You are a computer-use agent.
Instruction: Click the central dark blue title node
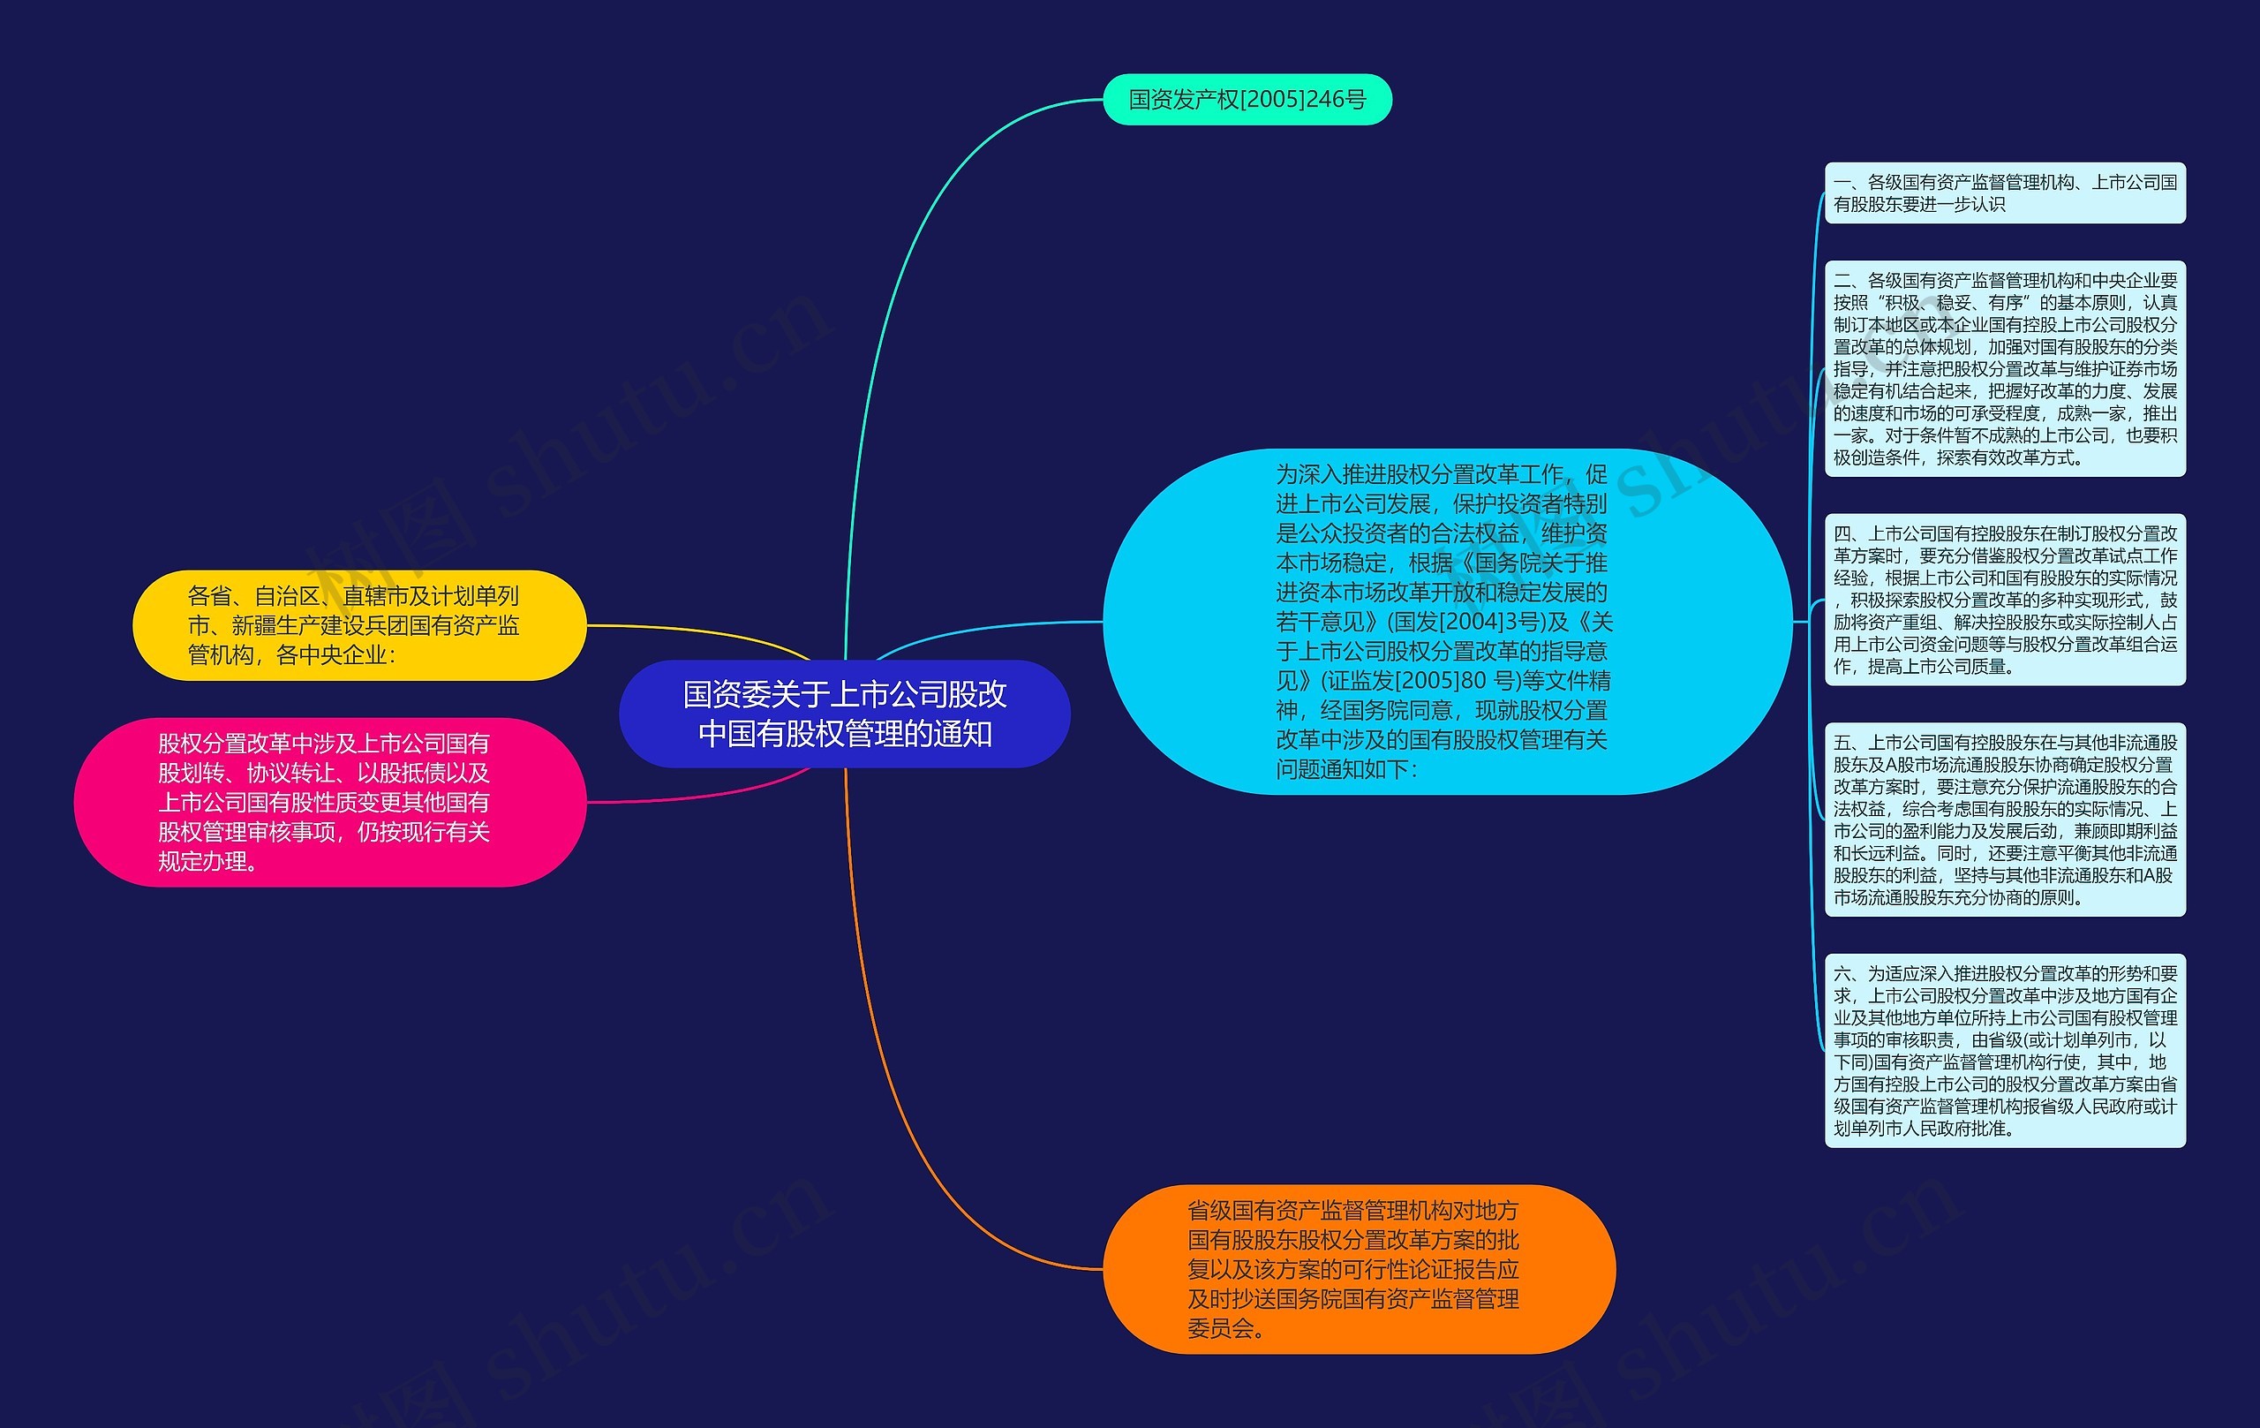[844, 714]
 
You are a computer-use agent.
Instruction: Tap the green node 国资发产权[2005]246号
[1246, 100]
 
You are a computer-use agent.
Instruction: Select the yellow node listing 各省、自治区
[358, 624]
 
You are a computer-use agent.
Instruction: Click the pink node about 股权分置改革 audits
[328, 802]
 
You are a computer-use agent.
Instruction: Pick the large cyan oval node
[1445, 622]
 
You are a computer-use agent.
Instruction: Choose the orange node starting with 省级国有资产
[1357, 1268]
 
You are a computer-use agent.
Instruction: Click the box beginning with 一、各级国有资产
[2004, 193]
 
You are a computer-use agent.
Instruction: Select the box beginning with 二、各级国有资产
[2004, 368]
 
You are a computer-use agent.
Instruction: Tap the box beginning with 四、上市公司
[2004, 599]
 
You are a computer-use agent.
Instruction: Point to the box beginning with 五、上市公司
[2004, 819]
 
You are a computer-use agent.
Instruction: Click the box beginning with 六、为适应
[2004, 1050]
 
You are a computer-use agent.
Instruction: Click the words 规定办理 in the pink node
[201, 862]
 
